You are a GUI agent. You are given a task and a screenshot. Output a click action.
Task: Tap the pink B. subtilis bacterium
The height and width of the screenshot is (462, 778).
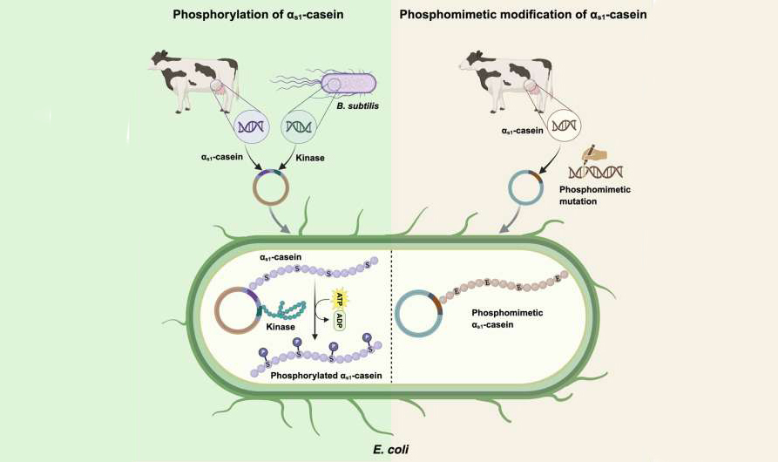pos(348,85)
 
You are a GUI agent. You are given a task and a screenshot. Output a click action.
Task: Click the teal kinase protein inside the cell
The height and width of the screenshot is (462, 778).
pos(291,309)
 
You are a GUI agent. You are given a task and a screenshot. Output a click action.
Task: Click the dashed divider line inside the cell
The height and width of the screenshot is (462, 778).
pos(393,314)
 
